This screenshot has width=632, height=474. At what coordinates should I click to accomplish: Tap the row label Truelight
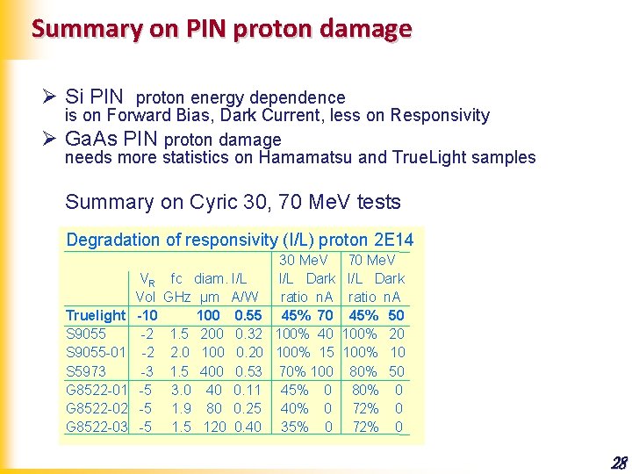coord(96,315)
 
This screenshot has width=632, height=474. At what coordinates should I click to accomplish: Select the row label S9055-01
coord(97,353)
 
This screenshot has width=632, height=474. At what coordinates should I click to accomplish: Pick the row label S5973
coord(86,371)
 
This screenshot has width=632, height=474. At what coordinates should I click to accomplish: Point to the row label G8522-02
coord(97,408)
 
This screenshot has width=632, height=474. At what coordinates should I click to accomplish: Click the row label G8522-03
coord(97,427)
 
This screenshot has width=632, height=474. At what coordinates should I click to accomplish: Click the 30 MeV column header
coord(303,260)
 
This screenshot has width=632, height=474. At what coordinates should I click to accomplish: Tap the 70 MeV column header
coord(372,260)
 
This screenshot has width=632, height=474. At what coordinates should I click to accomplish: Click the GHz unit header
coord(177,297)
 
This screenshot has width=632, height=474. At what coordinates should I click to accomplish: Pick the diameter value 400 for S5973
coord(212,371)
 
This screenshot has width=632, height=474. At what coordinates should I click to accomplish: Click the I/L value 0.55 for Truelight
coord(249,315)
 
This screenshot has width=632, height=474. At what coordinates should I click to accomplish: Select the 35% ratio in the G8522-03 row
coord(294,427)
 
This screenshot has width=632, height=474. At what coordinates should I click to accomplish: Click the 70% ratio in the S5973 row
coord(294,371)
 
